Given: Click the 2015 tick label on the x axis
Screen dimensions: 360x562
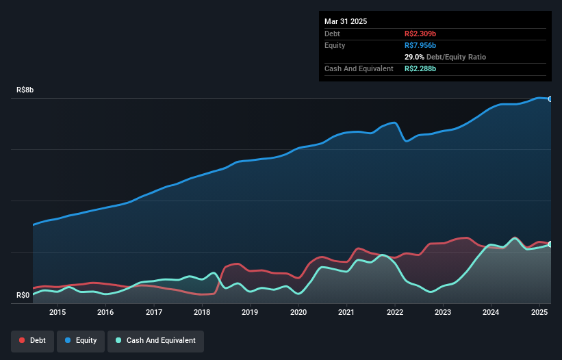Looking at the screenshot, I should coord(58,312).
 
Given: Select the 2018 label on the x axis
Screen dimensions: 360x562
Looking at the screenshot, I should coord(202,312).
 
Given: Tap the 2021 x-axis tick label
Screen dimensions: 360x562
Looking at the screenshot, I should coord(347,312).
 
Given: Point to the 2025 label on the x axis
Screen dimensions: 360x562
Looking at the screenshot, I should coord(539,312).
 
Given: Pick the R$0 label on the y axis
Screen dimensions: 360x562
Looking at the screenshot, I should coord(23,296).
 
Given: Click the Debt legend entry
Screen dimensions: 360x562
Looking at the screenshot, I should coord(32,340).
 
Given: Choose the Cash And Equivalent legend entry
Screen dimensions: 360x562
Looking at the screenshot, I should coord(155,340).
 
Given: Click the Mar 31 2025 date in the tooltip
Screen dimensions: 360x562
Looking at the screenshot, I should coord(346,21).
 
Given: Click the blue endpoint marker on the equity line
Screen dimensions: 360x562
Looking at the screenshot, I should coord(550,99).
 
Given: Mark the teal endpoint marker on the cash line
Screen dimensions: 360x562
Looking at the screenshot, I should coord(550,244).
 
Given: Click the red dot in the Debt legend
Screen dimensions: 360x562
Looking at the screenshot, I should coord(23,340).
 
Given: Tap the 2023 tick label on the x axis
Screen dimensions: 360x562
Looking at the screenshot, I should coord(443,312).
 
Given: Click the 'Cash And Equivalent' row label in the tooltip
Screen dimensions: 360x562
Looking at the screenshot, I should coord(359,68).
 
